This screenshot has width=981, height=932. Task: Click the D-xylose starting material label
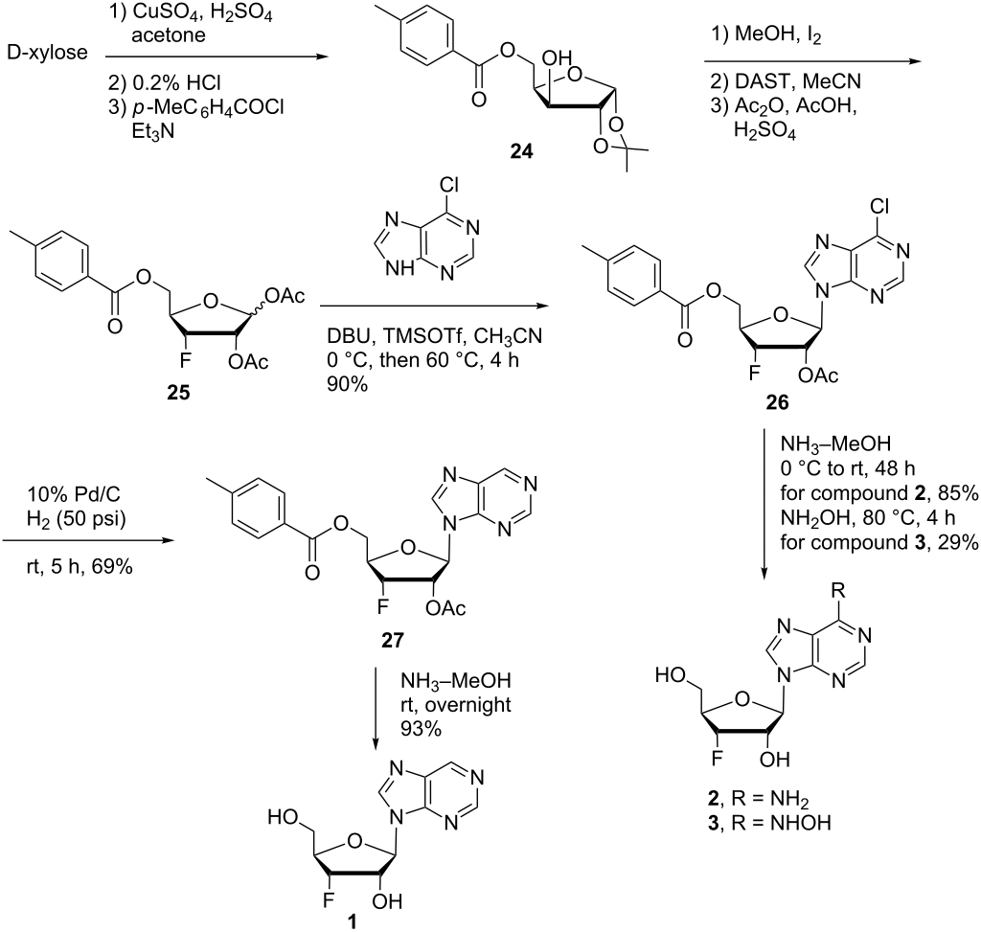click(48, 53)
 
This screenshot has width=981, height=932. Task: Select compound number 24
click(521, 150)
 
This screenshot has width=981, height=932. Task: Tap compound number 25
click(178, 393)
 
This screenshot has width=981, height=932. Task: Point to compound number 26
click(777, 402)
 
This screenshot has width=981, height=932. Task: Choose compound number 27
click(392, 640)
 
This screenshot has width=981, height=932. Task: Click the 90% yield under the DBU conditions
click(347, 384)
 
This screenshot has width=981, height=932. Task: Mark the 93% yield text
click(422, 729)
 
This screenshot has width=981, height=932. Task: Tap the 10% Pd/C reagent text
click(73, 494)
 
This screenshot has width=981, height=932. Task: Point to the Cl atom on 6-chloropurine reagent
click(448, 185)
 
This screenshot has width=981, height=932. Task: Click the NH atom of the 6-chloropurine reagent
click(399, 269)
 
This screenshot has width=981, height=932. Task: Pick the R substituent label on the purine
click(839, 590)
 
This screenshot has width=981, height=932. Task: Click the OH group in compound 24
click(557, 58)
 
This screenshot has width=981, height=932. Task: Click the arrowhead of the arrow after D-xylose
click(323, 57)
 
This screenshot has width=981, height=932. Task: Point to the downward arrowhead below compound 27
click(376, 743)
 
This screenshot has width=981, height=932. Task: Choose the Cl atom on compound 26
click(879, 206)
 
